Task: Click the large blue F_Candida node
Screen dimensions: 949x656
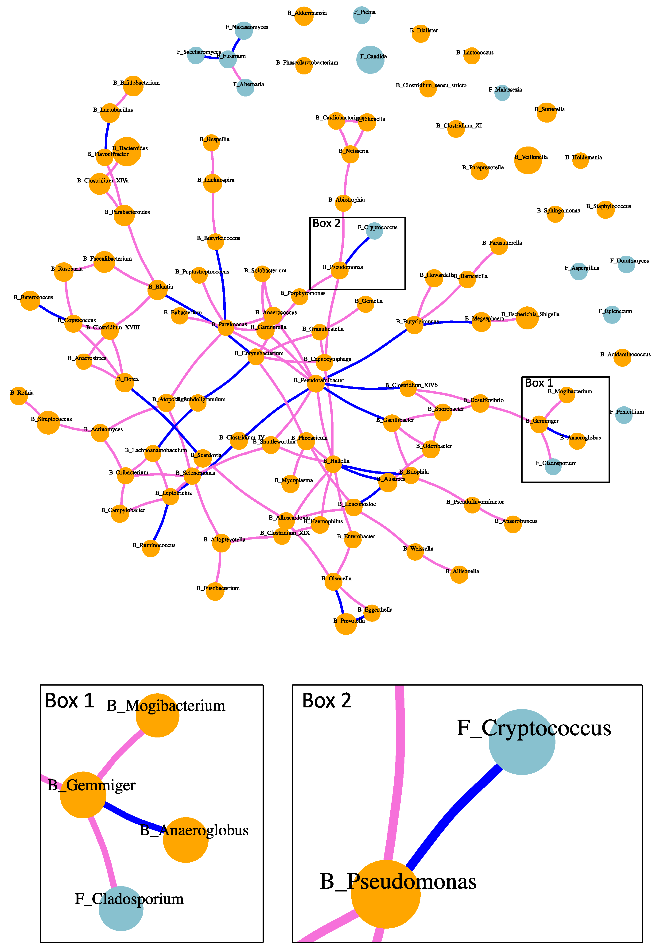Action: [370, 60]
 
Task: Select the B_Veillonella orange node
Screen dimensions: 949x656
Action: [528, 160]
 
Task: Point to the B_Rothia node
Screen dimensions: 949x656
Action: [19, 396]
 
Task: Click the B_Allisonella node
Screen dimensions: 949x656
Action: [459, 574]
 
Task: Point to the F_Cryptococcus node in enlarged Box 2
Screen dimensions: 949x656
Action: [522, 741]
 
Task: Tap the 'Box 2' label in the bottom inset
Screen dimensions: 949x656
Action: [326, 700]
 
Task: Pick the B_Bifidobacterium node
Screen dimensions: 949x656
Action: [133, 86]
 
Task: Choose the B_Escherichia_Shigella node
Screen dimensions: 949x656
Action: [527, 318]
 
